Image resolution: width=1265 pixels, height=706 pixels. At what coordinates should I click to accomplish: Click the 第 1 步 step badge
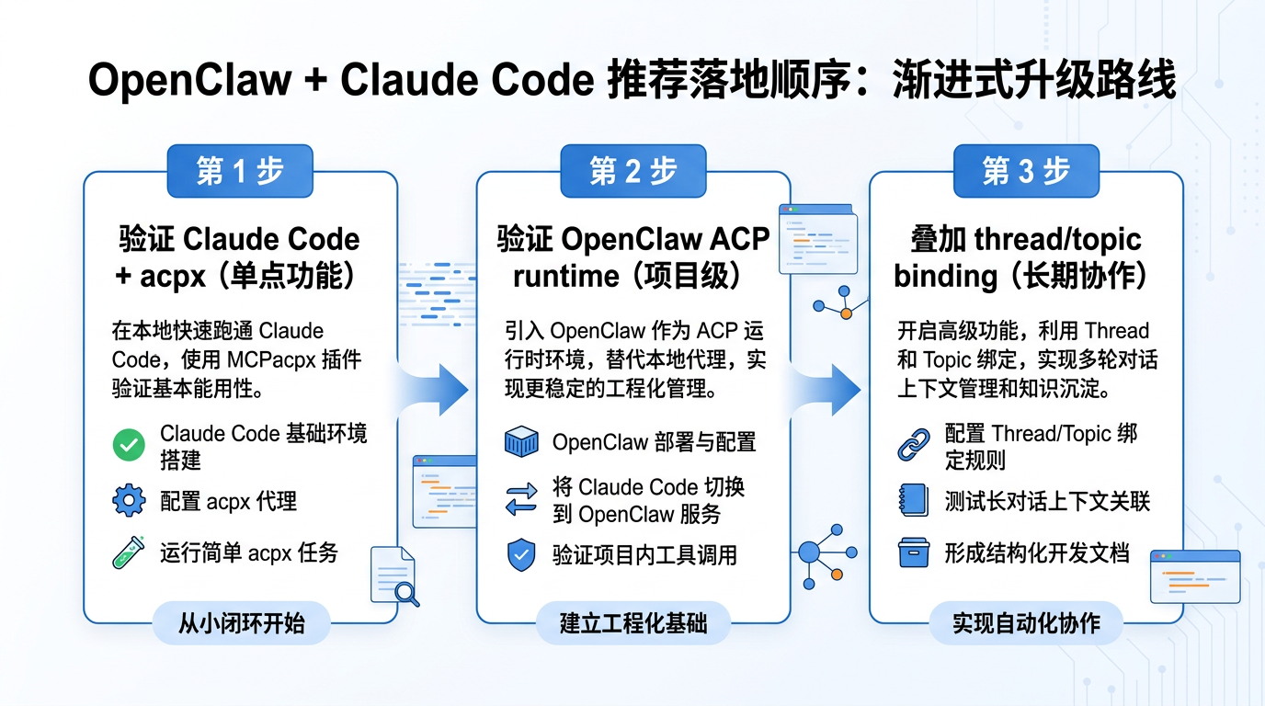point(240,170)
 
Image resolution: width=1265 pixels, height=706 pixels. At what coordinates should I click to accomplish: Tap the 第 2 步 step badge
point(633,170)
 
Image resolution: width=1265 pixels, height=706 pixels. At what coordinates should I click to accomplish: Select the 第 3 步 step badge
point(1026,170)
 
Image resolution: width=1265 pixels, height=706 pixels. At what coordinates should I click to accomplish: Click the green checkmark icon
point(129,446)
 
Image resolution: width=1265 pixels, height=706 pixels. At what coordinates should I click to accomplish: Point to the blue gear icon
point(129,501)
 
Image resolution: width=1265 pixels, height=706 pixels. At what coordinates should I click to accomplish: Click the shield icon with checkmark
point(521,555)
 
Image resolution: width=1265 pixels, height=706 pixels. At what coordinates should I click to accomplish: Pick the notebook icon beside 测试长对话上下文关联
point(913,501)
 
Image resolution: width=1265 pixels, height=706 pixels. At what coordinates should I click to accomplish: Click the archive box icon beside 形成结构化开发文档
point(913,553)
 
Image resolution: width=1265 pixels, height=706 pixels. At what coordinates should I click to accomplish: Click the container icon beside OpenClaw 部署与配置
point(521,443)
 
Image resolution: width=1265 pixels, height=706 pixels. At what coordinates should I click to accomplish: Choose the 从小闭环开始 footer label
point(241,624)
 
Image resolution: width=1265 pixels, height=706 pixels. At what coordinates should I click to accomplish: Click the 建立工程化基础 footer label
point(633,624)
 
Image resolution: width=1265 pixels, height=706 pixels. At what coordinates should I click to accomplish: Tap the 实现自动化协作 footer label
point(1026,624)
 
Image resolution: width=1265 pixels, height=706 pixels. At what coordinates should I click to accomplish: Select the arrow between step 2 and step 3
point(832,389)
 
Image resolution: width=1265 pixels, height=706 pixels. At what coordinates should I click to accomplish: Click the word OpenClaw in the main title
point(189,81)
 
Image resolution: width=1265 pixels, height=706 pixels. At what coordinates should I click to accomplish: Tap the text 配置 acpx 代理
point(228,502)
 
